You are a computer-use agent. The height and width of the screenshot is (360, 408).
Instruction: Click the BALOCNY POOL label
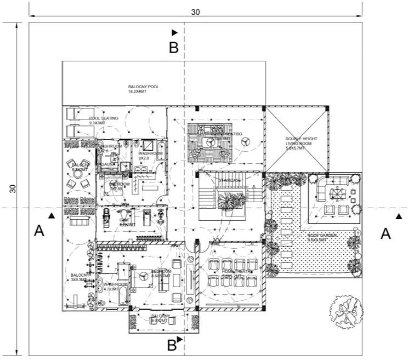[x=144, y=89]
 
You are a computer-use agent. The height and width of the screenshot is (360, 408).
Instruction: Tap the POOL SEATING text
[x=104, y=121]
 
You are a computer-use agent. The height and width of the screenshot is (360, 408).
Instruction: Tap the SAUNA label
[x=107, y=164]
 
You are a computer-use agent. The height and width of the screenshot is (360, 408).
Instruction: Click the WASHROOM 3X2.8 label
[x=149, y=156]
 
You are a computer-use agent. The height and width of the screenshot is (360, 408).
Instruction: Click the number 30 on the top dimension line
[x=196, y=12]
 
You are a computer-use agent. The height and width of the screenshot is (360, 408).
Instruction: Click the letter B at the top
[x=173, y=48]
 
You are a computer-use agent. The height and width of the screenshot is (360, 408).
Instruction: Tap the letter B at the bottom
[x=172, y=345]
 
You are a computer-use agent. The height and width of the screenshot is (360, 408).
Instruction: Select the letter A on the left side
[x=39, y=232]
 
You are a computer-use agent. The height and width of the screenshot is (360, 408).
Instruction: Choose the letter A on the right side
[x=386, y=234]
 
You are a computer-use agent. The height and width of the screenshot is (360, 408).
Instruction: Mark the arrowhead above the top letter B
[x=174, y=33]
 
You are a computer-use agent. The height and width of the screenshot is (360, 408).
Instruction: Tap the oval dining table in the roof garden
[x=335, y=192]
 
